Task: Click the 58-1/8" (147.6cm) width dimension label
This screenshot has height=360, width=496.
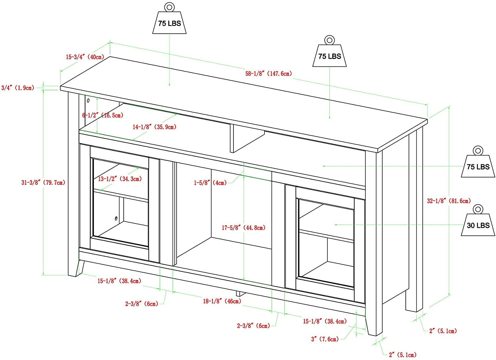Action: tap(269, 73)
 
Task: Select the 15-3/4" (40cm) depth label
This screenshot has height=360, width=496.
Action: tap(85, 57)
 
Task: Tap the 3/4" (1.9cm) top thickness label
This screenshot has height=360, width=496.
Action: tap(18, 88)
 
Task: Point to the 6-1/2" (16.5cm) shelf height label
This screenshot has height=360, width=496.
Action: tap(103, 115)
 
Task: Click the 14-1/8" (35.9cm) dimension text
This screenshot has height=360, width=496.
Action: tap(154, 127)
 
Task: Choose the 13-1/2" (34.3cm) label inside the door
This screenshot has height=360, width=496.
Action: tap(120, 179)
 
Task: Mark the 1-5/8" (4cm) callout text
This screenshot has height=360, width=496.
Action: tap(210, 183)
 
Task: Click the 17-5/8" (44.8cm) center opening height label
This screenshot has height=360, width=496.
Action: tap(244, 228)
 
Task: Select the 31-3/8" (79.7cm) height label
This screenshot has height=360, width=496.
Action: tap(43, 183)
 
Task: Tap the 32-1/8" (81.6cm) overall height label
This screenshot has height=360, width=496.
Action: tap(449, 201)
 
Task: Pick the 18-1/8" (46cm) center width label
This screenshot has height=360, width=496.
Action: tap(222, 301)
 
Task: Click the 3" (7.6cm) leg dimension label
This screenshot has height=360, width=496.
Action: tap(325, 339)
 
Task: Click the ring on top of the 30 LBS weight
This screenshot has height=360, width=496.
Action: tap(478, 209)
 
